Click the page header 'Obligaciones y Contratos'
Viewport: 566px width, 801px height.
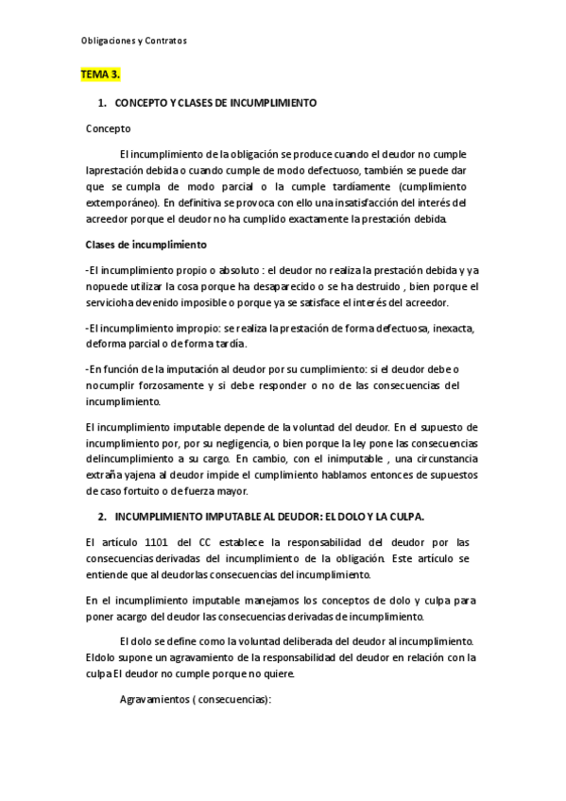[x=131, y=41]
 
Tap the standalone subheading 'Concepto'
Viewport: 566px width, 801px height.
[x=108, y=128]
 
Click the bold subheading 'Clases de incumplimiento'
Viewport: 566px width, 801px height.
[x=139, y=245]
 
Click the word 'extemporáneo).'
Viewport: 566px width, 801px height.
[x=121, y=202]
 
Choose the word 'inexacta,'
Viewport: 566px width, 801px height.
[x=450, y=327]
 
